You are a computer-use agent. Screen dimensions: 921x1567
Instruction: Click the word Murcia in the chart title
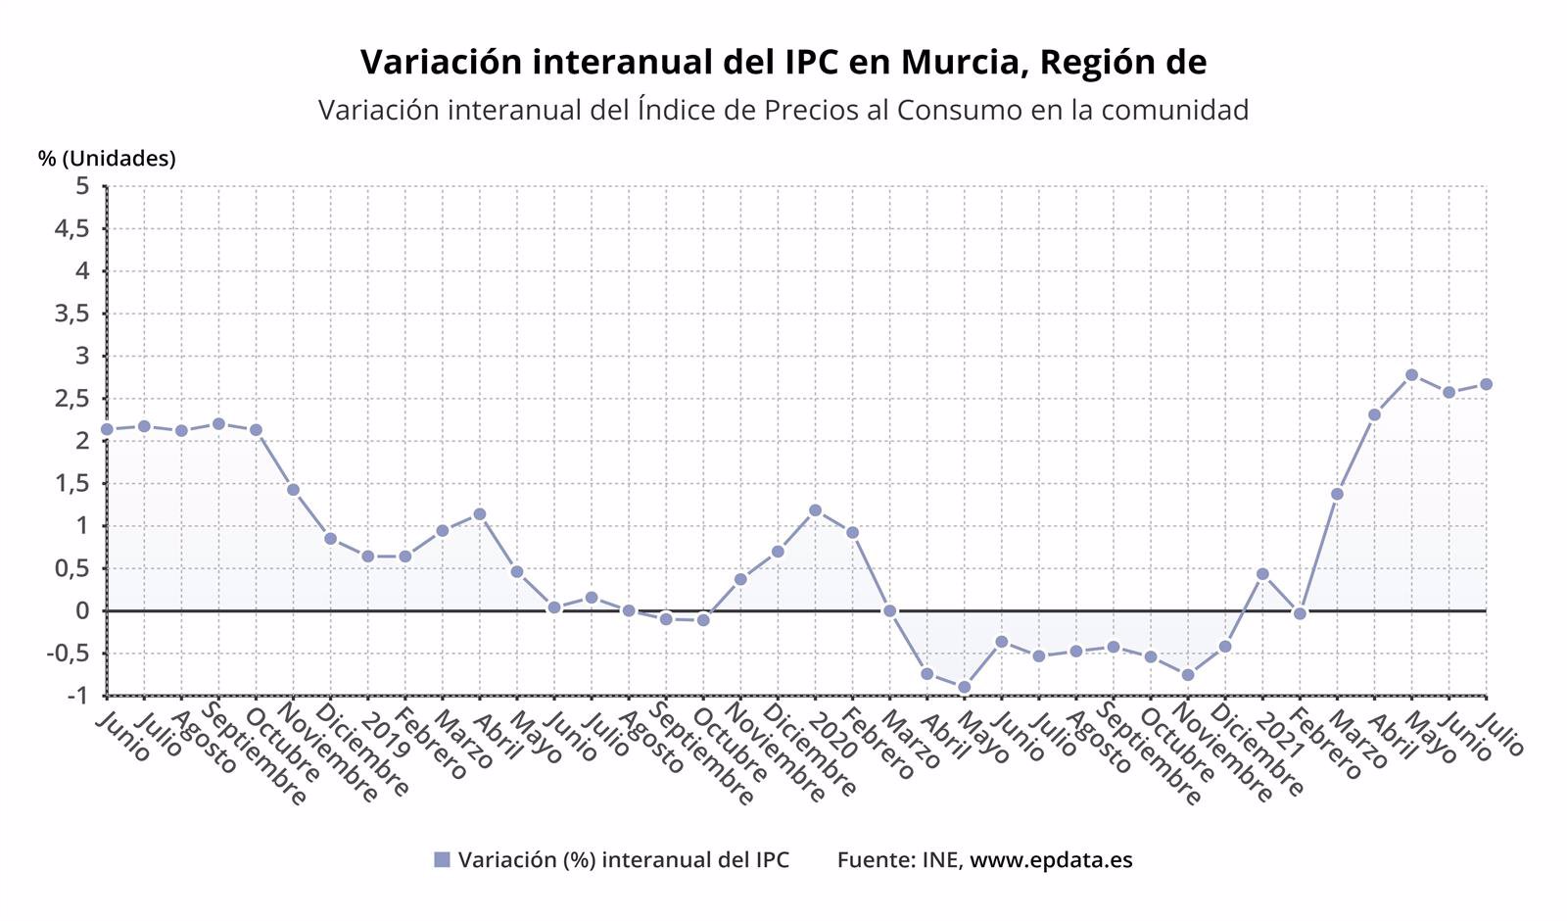click(x=959, y=62)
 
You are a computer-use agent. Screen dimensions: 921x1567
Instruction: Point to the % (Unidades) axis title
click(x=107, y=159)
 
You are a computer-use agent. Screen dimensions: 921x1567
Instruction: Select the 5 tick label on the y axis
click(x=82, y=186)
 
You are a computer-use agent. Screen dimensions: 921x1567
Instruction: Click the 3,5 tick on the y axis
click(x=75, y=314)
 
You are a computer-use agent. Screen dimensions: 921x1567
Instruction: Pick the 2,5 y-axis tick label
click(x=75, y=399)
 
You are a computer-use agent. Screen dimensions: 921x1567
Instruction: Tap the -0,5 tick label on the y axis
click(x=71, y=654)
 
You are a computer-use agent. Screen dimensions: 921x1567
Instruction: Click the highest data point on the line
click(x=1411, y=374)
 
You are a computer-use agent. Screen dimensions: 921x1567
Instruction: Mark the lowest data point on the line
click(x=964, y=687)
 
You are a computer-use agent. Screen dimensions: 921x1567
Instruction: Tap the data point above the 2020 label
click(x=815, y=509)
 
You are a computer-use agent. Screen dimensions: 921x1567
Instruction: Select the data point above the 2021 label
click(x=1262, y=574)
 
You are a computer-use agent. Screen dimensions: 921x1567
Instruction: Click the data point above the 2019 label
click(x=367, y=557)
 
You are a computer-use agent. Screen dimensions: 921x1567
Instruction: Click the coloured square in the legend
click(x=442, y=860)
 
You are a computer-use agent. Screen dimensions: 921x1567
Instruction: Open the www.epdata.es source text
click(x=1051, y=860)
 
